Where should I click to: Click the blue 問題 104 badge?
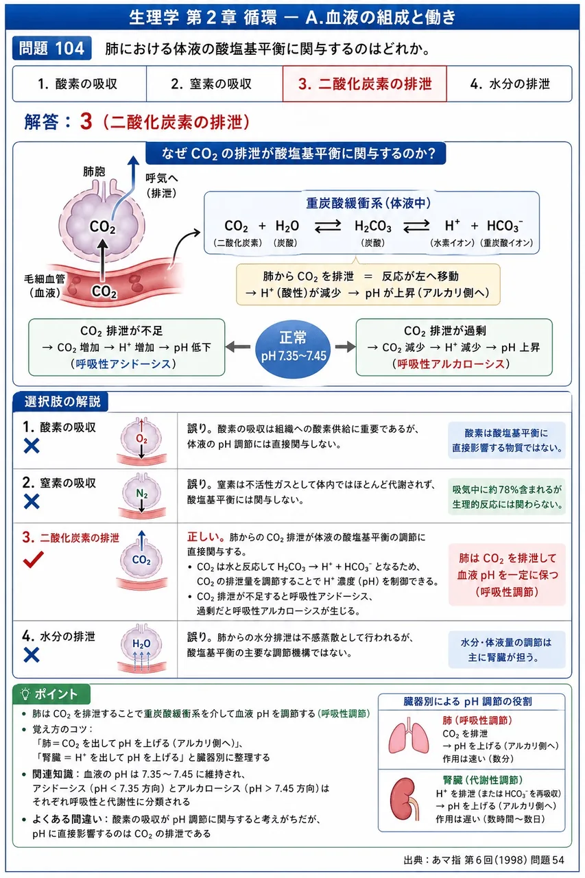coord(51,48)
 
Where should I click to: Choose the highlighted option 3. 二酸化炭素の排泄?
coord(364,84)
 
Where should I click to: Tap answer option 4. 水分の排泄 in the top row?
coord(510,84)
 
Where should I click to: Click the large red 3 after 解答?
coord(86,121)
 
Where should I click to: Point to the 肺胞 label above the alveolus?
coord(94,171)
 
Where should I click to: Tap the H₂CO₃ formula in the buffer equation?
coord(372,226)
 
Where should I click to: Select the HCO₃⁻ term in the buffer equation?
coord(505,226)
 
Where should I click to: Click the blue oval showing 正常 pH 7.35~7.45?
coord(293,347)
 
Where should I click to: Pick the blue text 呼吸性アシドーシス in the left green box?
coord(123,364)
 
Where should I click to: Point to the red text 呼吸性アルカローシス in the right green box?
coord(451,364)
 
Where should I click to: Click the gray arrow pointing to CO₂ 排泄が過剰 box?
coord(345,346)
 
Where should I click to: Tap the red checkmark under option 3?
coord(34,559)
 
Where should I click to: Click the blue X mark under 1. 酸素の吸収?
coord(32,446)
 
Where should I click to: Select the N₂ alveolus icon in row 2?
coord(142,495)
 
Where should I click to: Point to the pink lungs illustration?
coord(409,736)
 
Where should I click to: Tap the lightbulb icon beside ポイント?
coord(25,694)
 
